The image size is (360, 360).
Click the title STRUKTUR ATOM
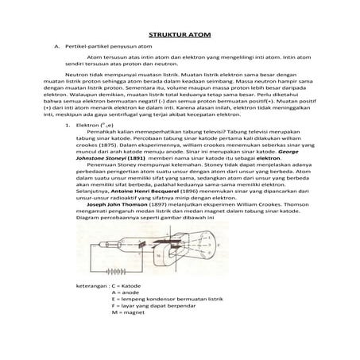[180, 36]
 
